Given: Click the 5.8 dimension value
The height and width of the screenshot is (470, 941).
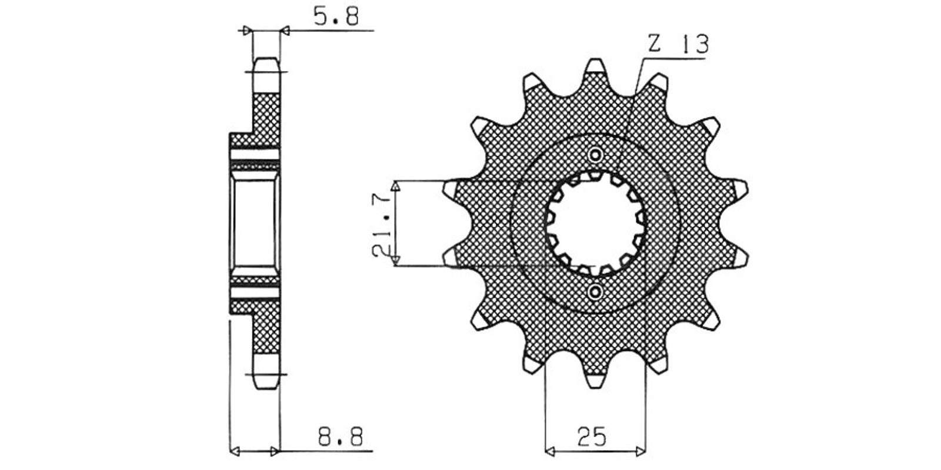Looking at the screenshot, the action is click(x=336, y=17).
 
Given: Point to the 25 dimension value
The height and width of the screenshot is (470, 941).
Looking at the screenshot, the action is click(x=592, y=437).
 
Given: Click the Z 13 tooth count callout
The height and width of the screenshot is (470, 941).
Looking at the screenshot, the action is click(x=678, y=44).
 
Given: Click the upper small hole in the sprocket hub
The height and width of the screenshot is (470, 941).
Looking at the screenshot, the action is click(x=595, y=155).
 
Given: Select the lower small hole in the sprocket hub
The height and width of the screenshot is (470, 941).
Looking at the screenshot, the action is click(x=595, y=291).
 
